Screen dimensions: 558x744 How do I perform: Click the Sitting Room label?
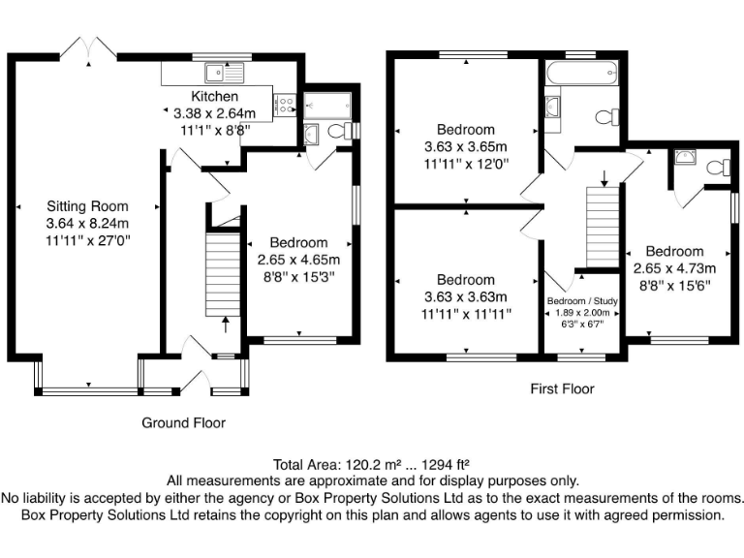tap(87, 205)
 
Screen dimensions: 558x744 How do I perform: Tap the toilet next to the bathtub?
tap(607, 117)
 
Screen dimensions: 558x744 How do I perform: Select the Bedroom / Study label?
tap(583, 301)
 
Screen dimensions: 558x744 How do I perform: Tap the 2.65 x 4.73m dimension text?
tap(674, 268)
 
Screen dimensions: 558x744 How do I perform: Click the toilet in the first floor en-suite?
tap(717, 167)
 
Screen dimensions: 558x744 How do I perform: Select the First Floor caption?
tap(562, 388)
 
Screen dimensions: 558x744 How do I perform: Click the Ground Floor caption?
tap(183, 422)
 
